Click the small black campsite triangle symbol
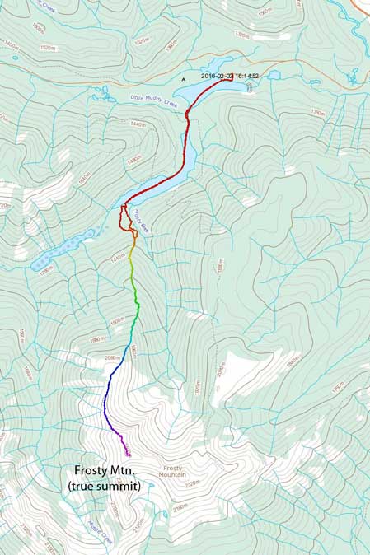click(x=184, y=79)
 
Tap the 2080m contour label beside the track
click(x=113, y=358)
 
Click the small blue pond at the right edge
click(x=352, y=80)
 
